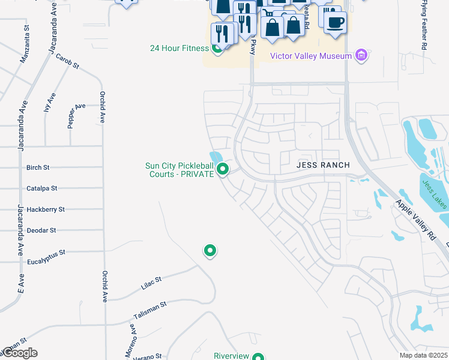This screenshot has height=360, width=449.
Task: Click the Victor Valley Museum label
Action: pos(310,56)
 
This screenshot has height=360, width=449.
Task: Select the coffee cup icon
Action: pos(334,22)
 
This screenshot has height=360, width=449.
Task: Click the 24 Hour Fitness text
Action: pos(179,48)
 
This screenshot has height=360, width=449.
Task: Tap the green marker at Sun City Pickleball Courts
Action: pos(223,169)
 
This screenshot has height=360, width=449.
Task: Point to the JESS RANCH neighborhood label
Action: pos(323,164)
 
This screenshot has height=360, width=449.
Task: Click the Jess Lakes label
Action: pos(434,194)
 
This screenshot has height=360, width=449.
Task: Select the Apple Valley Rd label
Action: pos(414,213)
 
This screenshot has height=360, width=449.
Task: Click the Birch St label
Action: pos(38,168)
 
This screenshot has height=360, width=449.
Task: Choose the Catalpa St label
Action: pos(41,188)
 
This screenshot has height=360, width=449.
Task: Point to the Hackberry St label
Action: pos(45,209)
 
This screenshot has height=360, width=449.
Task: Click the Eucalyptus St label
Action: pos(46,253)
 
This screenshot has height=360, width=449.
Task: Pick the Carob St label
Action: pos(67,61)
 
